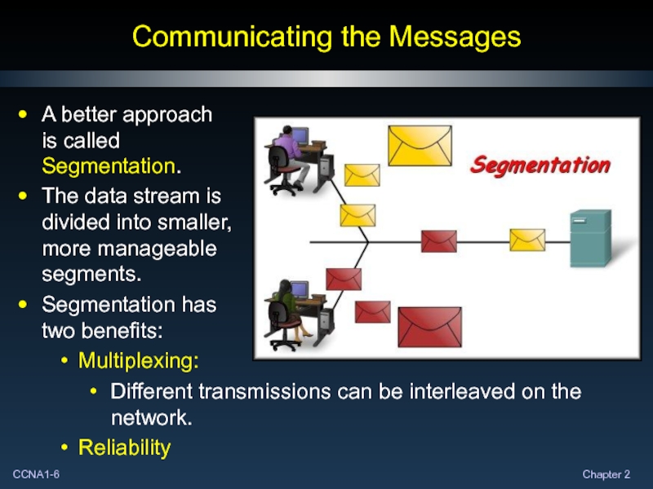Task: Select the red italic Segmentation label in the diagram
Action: pos(540,165)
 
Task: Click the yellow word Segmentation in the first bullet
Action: pos(108,166)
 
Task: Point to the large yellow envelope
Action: pos(420,144)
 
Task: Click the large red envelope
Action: pos(429,328)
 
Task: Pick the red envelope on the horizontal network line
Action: pos(438,240)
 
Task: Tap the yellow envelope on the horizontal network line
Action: pos(526,240)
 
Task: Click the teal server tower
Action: pos(590,237)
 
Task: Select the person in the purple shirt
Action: pos(289,153)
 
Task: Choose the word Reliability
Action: pos(124,447)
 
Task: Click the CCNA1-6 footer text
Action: pos(34,474)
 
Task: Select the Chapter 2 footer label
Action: pos(606,474)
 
